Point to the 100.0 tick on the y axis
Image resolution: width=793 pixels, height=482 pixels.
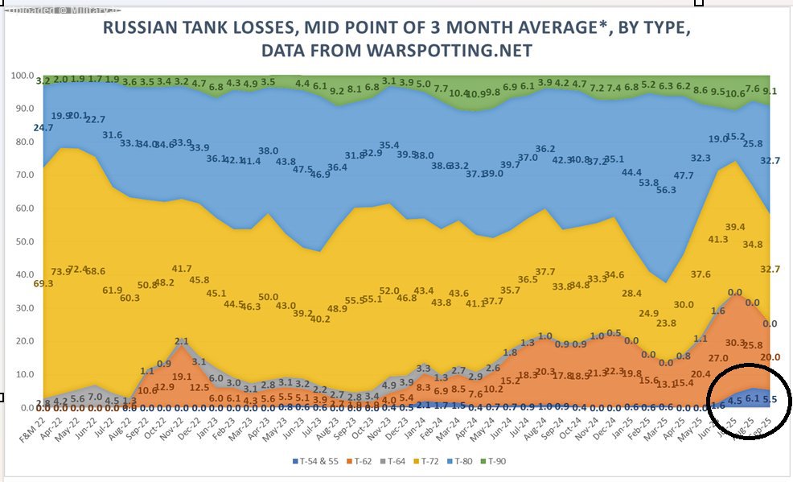(x=22, y=76)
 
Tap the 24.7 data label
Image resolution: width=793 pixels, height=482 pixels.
(x=43, y=128)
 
